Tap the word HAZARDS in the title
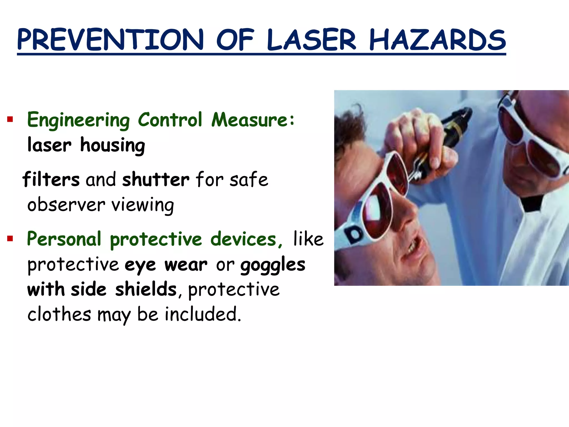437,40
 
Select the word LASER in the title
311,40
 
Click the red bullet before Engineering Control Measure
10,120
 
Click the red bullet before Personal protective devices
10,239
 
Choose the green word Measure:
253,120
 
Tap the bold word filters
51,179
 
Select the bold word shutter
156,179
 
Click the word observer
66,205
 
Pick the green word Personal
64,239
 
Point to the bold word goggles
273,265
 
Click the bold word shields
146,289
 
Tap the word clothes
59,314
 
